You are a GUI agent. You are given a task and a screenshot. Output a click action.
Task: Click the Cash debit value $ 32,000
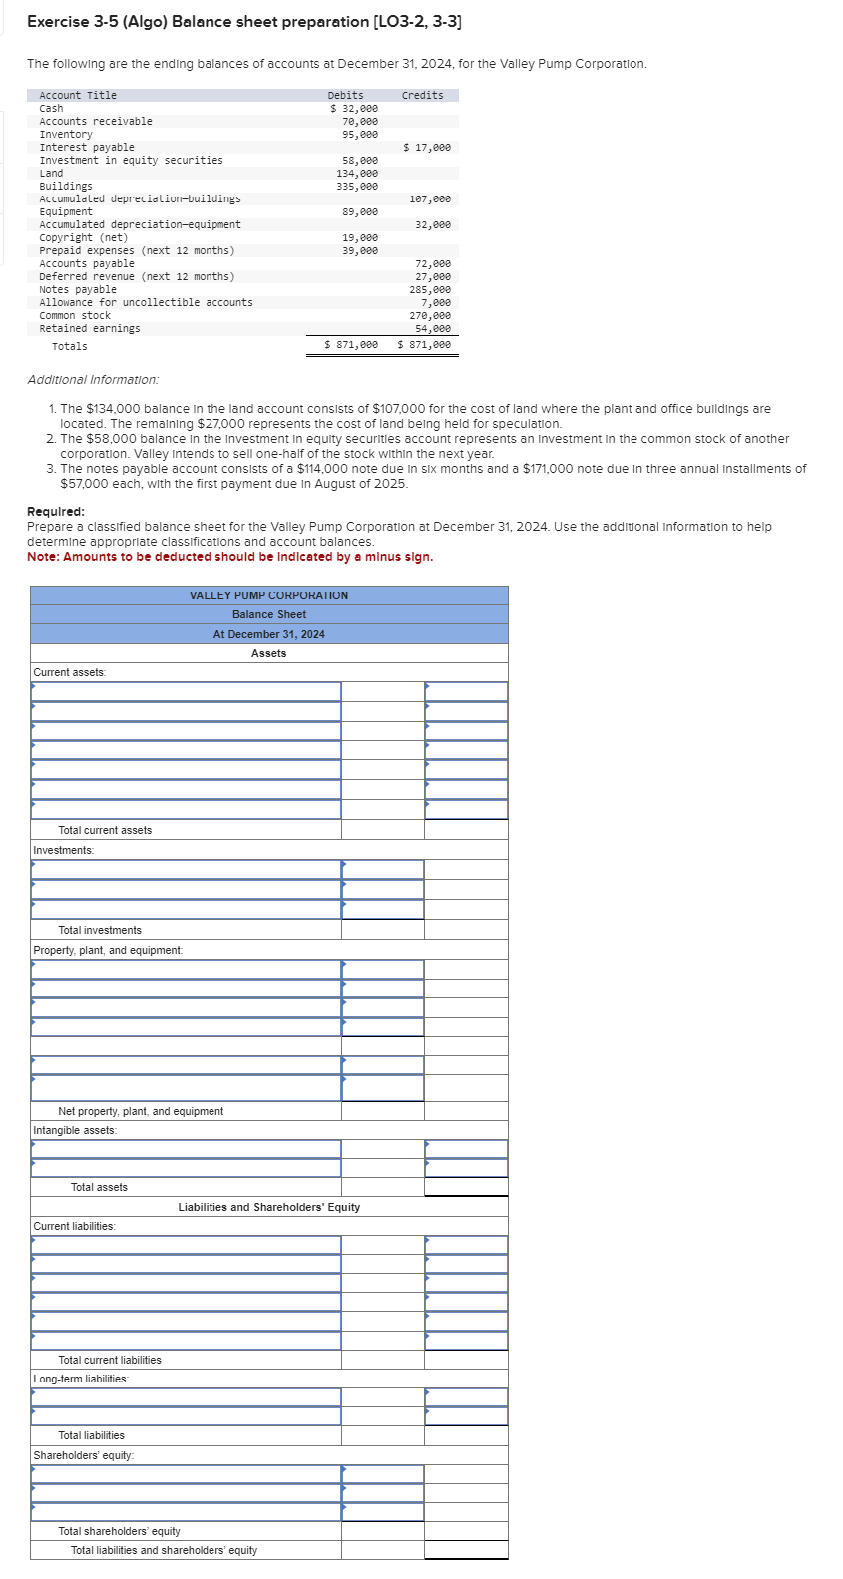[x=354, y=108]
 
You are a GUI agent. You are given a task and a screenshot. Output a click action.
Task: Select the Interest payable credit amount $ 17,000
[x=427, y=147]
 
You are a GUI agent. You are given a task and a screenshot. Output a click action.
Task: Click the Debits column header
[x=345, y=95]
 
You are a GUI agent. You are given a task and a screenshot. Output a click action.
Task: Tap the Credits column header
[x=422, y=95]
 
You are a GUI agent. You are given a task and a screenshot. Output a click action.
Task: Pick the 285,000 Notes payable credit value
[x=430, y=289]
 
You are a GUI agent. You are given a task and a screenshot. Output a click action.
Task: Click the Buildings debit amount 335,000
[x=357, y=186]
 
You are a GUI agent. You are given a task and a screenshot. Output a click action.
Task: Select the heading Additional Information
[x=93, y=380]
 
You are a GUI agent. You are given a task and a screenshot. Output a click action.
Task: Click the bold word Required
[x=55, y=512]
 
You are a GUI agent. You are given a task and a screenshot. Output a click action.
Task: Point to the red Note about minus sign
[x=229, y=557]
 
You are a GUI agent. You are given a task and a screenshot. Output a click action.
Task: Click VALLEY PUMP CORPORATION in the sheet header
[x=268, y=595]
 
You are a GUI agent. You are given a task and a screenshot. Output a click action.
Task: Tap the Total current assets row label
[x=105, y=830]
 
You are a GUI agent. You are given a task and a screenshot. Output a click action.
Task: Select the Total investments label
[x=100, y=930]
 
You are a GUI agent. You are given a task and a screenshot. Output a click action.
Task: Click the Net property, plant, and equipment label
[x=141, y=1111]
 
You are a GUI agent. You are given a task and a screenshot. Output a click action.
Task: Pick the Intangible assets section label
[x=75, y=1130]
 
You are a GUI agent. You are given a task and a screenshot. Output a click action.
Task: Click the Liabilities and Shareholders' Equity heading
[x=268, y=1207]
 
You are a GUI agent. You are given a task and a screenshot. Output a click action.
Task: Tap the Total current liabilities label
[x=110, y=1360]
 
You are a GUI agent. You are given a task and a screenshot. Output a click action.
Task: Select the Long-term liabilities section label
[x=81, y=1379]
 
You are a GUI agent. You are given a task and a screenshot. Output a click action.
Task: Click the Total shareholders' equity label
[x=119, y=1531]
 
